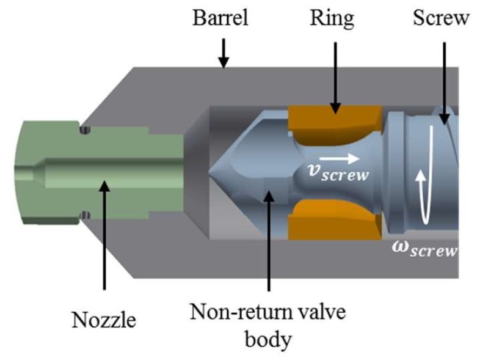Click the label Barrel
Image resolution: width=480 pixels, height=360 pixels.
(220, 18)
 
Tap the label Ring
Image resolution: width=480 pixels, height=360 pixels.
(332, 19)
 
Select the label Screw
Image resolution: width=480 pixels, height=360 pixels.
(441, 18)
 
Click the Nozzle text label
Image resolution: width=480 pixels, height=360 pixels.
(104, 320)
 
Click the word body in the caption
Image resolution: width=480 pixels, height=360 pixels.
(268, 340)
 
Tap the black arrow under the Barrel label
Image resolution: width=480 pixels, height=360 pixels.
(224, 53)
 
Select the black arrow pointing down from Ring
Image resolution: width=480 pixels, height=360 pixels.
(335, 78)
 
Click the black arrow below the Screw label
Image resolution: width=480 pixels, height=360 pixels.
(444, 83)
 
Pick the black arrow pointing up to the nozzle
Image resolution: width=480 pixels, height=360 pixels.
(104, 235)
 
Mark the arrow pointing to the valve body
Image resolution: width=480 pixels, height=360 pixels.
(269, 240)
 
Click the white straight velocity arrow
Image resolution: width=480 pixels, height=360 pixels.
(339, 158)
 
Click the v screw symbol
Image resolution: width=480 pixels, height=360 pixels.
(338, 172)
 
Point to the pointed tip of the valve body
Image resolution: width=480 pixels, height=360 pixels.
(209, 175)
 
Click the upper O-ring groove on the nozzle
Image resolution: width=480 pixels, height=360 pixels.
(85, 130)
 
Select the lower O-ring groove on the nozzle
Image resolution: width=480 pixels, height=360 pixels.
(85, 215)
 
